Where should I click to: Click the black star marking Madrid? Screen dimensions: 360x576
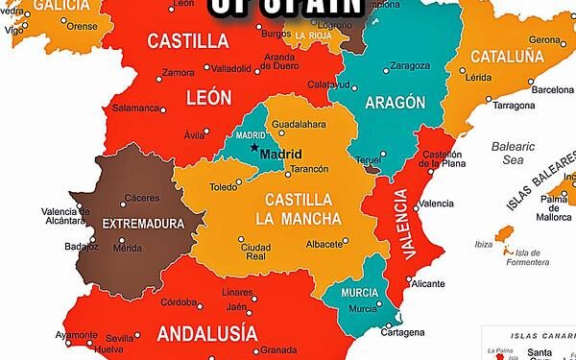coord(254,147)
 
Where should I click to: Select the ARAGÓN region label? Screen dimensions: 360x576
coord(396,103)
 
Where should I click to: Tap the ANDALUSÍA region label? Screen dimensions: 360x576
coord(206,334)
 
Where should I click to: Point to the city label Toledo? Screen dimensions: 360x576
coord(223,187)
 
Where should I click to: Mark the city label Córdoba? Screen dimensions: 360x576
coord(180,303)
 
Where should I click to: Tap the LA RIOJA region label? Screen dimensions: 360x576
coord(313,36)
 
